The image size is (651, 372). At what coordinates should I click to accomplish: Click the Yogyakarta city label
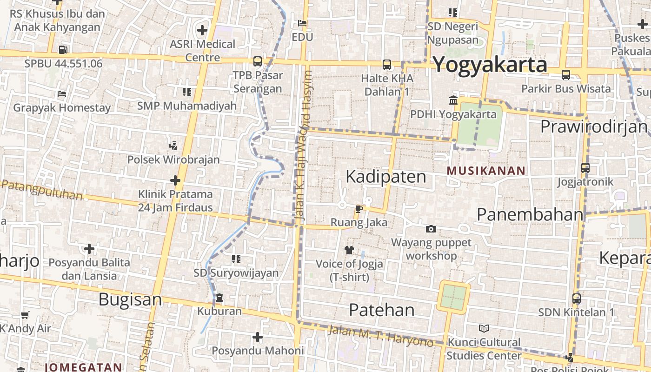coord(490,64)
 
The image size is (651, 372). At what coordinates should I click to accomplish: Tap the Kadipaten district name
coord(386,177)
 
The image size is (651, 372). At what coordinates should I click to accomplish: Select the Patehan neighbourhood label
coord(381,310)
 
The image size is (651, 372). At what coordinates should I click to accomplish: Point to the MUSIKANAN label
coord(486,171)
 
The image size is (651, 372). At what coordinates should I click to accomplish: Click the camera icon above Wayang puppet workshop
coord(431,229)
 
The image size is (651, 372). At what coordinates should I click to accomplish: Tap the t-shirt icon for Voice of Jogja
coord(349,250)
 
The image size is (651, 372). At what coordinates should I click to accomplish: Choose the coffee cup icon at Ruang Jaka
coord(359,209)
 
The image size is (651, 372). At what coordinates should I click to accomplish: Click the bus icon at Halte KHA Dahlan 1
coord(387,65)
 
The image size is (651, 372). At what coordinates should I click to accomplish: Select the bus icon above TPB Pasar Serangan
coord(257,61)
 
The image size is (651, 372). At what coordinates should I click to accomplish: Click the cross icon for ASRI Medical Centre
coord(202,30)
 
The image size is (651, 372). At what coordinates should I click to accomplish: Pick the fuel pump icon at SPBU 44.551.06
coord(63,49)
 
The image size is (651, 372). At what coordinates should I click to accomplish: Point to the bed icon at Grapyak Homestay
coord(61,94)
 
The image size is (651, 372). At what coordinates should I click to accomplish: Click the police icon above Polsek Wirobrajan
coord(173,146)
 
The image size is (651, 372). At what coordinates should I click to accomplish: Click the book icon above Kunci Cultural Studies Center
coord(484,329)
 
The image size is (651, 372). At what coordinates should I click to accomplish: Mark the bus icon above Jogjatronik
coord(585,168)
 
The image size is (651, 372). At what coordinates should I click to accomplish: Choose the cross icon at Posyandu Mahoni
coord(258,337)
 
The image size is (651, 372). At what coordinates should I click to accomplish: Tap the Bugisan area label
coord(130,300)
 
